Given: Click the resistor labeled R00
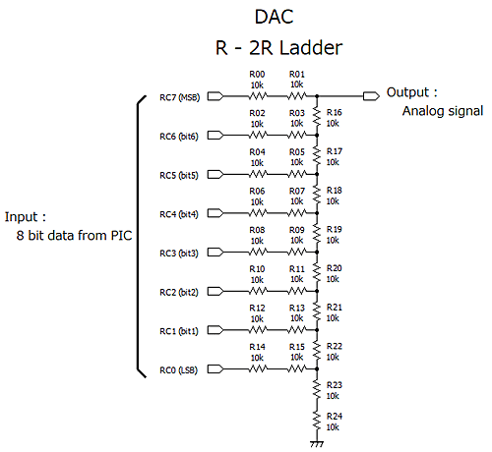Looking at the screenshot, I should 257,96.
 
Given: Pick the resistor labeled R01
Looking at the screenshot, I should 295,96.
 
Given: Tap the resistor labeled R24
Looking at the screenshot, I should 317,422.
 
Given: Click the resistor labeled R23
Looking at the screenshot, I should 317,390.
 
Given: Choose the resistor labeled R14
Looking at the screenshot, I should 257,369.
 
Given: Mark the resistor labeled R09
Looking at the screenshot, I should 295,253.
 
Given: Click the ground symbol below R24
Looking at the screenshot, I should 317,443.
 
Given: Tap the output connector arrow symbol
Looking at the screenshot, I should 371,95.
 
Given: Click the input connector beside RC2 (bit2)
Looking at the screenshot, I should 216,292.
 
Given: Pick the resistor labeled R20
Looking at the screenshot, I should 317,273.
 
